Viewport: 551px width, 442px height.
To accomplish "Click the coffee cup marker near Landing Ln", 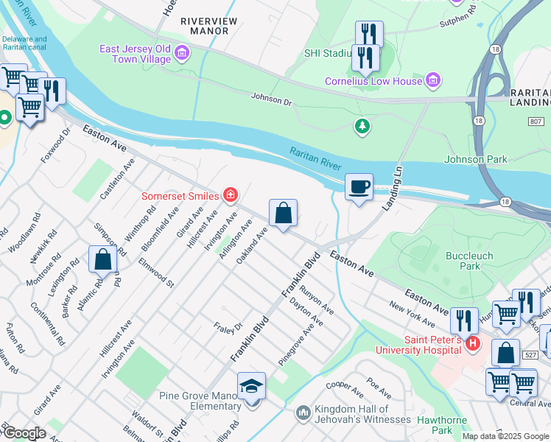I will [x=359, y=187].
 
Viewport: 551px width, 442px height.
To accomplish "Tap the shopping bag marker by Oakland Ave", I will [x=283, y=214].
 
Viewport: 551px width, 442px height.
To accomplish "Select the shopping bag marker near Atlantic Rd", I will [x=103, y=259].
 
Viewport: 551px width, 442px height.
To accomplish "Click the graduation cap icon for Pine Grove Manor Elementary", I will [x=251, y=386].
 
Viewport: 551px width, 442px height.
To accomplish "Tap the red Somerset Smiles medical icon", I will [x=231, y=195].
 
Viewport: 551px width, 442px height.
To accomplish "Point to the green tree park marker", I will [x=362, y=127].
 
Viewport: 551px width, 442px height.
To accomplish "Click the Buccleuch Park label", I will [x=470, y=262].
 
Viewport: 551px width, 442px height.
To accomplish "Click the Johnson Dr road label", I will [x=272, y=98].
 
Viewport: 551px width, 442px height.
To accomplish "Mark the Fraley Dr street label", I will [x=228, y=326].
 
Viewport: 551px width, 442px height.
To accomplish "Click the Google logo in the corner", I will [x=24, y=433].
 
